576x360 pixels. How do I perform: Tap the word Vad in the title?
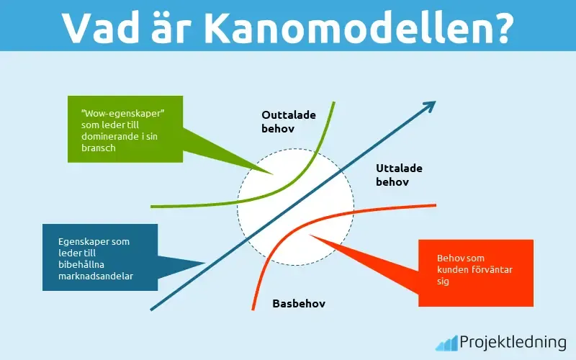point(101,27)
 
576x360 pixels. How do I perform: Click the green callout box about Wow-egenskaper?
point(124,128)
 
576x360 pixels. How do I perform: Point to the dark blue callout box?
point(99,257)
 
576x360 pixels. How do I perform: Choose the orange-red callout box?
point(476,272)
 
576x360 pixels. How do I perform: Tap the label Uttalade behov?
point(398,175)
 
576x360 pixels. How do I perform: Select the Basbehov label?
point(299,303)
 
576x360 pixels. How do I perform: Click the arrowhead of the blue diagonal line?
point(430,106)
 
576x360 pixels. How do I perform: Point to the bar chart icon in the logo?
point(446,342)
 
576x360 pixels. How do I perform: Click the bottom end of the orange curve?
point(253,309)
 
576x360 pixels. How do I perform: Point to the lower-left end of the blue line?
point(152,310)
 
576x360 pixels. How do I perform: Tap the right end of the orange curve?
point(435,205)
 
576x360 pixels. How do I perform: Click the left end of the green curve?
point(153,206)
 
